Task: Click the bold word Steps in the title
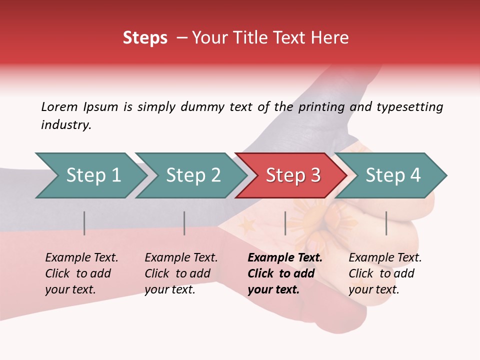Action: [145, 38]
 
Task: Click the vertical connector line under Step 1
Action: [84, 223]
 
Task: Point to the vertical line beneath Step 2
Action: [184, 223]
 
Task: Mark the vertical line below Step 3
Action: [285, 223]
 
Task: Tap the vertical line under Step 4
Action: [386, 223]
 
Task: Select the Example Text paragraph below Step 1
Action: [81, 273]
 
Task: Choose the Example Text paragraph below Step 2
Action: [181, 273]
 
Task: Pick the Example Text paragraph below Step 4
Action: [384, 273]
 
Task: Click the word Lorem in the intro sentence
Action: [59, 106]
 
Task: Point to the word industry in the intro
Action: [66, 125]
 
